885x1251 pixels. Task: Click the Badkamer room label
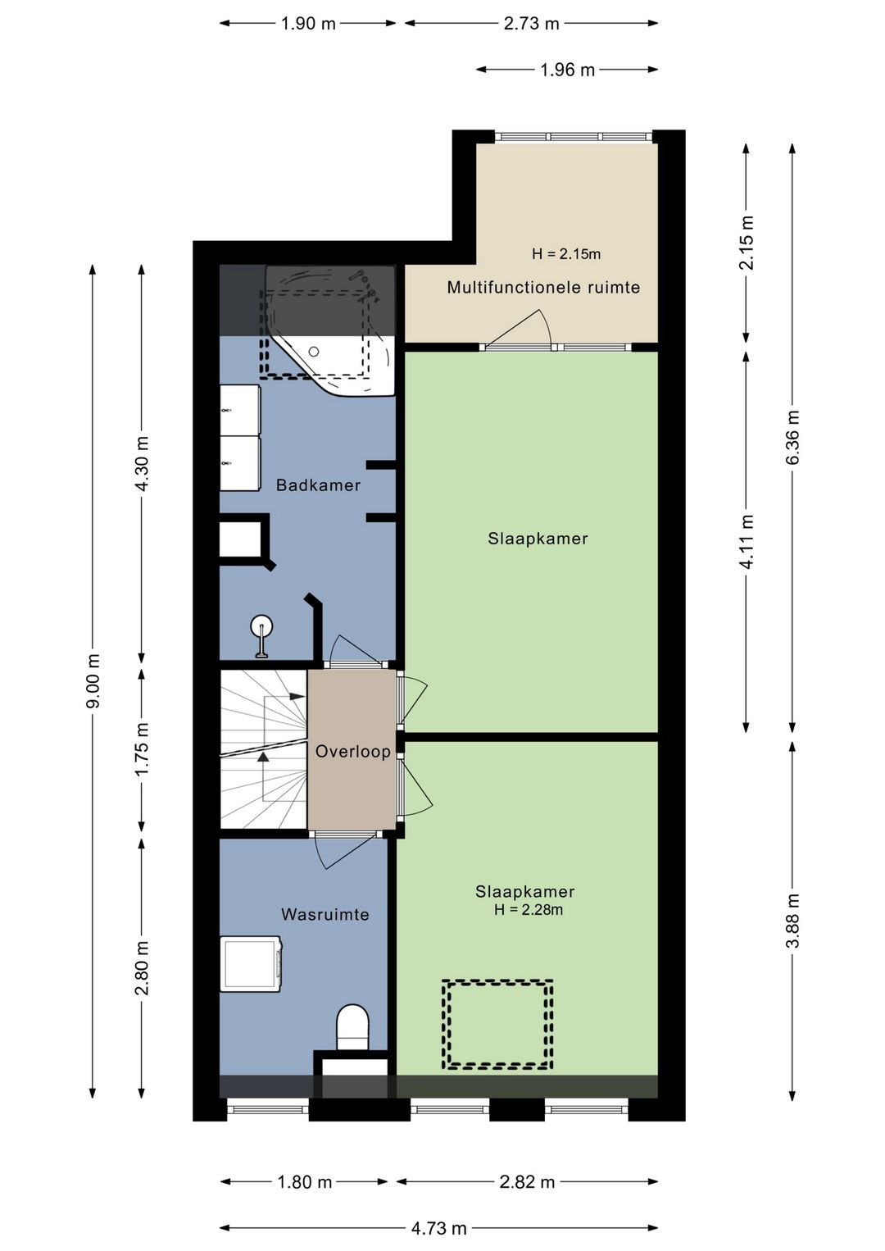click(318, 484)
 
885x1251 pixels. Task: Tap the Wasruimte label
click(325, 914)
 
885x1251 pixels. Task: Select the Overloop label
click(353, 751)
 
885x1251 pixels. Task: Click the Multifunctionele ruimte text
click(543, 287)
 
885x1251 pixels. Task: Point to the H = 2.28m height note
click(529, 910)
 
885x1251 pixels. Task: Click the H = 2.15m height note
click(566, 254)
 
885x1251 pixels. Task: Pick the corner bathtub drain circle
click(314, 352)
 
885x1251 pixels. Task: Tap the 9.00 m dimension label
click(93, 680)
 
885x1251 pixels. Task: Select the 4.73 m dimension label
click(439, 1224)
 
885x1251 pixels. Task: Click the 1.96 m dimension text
click(567, 70)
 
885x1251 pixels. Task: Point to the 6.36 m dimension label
click(793, 437)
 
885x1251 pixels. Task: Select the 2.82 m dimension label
click(527, 1178)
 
